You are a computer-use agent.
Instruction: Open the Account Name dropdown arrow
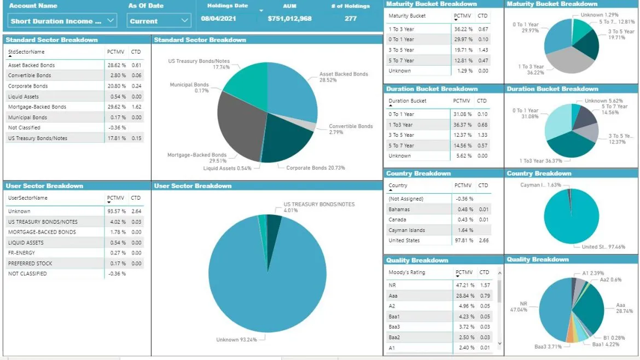pos(110,21)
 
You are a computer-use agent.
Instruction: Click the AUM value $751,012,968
pos(289,19)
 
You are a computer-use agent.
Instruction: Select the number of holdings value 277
pos(351,19)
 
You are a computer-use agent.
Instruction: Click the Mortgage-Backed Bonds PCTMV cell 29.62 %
pos(116,107)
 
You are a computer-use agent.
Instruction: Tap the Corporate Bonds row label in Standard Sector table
pos(28,86)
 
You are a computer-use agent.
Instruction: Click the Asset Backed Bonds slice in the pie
pos(293,93)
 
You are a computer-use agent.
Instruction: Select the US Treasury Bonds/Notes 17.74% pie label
pos(194,64)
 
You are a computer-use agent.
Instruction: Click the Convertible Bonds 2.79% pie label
pos(350,129)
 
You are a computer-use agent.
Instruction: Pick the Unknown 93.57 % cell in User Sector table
pos(116,211)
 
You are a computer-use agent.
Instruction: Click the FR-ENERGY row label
pos(22,253)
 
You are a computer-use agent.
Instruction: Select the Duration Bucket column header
pos(407,101)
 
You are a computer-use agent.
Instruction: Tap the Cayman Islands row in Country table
pos(406,230)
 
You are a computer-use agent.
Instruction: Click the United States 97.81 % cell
pos(464,241)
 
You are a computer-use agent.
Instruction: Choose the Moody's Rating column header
pos(406,272)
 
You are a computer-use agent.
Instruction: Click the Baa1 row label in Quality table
pos(394,316)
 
